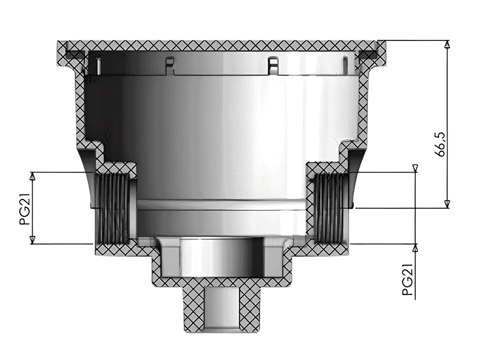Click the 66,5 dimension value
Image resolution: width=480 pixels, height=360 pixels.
441,144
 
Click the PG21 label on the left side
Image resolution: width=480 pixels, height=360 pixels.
25,210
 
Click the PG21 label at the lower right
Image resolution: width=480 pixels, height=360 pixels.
408,279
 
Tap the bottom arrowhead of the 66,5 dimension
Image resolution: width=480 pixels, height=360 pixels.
447,204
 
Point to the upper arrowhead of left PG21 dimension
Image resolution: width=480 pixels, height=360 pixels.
32,176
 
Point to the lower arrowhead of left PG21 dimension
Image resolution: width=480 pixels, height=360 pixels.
32,240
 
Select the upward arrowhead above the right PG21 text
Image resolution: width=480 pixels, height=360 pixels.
415,247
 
